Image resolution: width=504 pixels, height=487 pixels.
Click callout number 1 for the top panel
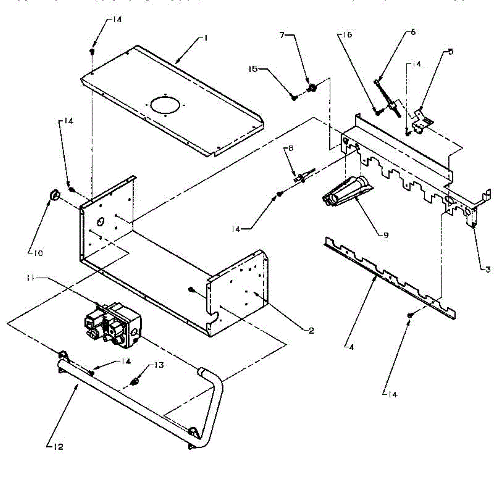tap(206, 38)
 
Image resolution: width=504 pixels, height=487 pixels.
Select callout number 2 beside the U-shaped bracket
tap(311, 331)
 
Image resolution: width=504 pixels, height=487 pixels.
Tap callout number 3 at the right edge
tap(487, 270)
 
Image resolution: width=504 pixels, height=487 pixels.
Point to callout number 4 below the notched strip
tap(352, 347)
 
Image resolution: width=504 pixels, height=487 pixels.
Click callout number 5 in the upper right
tap(451, 52)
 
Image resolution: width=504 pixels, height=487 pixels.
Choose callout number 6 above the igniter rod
tap(413, 32)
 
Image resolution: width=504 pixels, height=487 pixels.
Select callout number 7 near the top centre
tap(282, 35)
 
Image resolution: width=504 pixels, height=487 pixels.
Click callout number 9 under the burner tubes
tap(386, 235)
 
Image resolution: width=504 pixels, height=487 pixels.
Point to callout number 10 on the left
tap(39, 253)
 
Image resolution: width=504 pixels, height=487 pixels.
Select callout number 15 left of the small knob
tap(253, 69)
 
